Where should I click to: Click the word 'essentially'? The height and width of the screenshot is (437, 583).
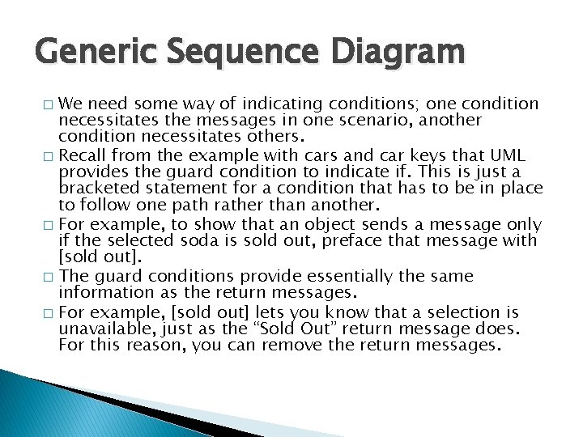377,277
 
